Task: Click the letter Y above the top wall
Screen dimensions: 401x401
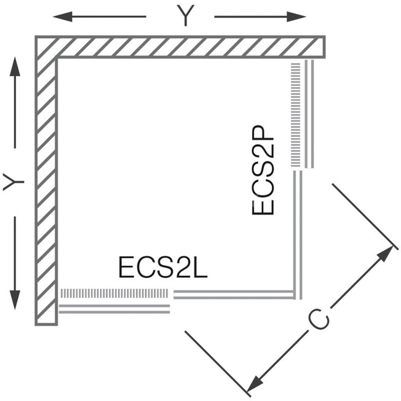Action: tap(185, 17)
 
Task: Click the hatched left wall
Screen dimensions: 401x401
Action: tap(46, 190)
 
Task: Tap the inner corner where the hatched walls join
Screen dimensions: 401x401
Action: tap(58, 58)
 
